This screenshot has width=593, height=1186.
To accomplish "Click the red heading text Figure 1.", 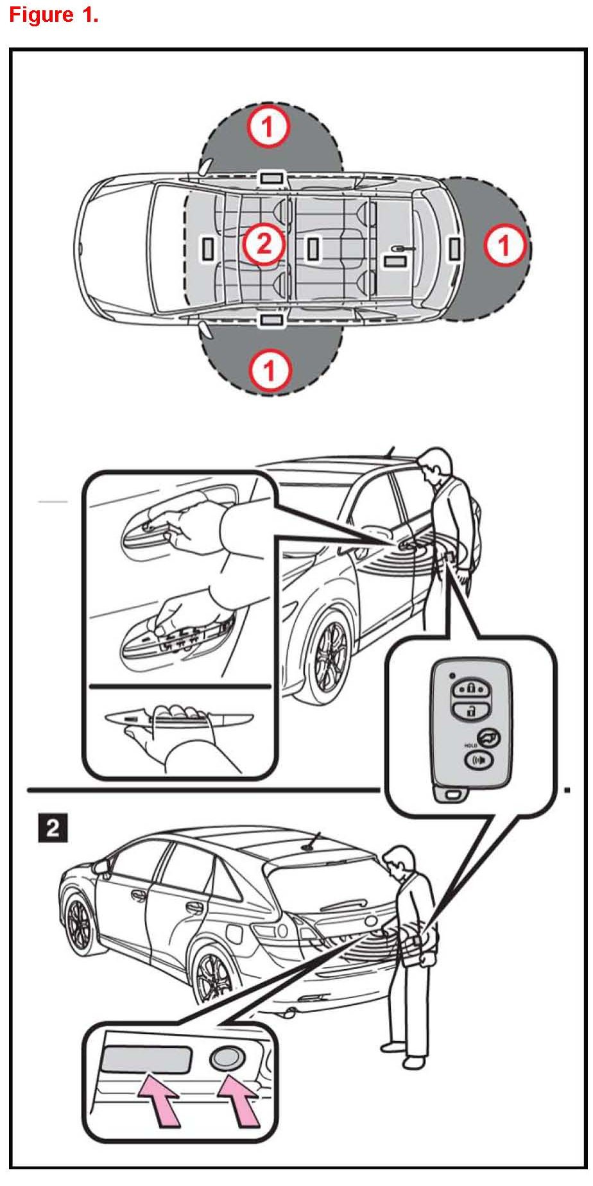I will (54, 15).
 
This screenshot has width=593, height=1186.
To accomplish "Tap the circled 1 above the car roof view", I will (268, 127).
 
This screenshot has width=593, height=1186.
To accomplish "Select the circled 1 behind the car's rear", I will (504, 245).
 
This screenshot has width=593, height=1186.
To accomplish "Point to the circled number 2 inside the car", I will (263, 243).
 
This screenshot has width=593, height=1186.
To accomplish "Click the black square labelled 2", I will (52, 827).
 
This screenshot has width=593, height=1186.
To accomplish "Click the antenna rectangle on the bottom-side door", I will (271, 319).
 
